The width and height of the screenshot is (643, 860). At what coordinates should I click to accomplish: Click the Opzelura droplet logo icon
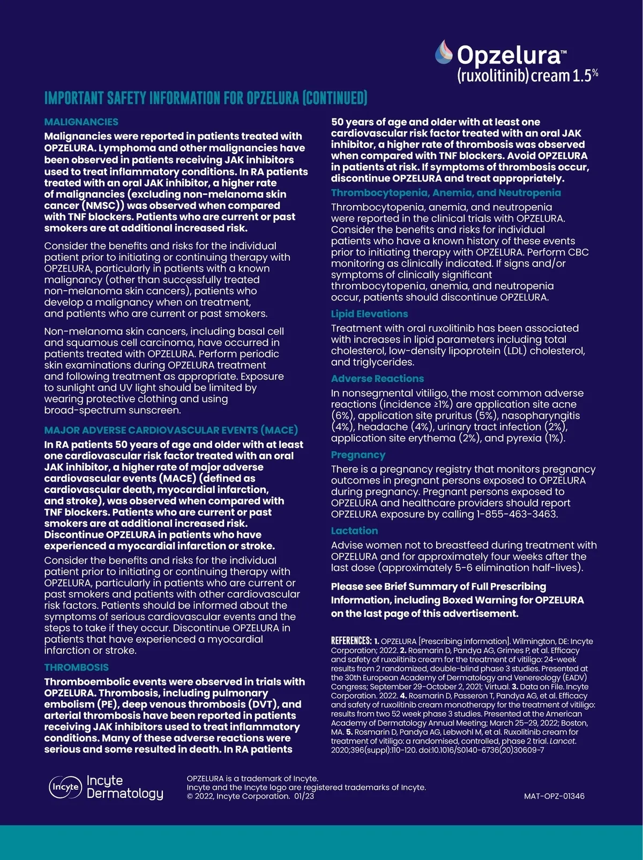[x=443, y=52]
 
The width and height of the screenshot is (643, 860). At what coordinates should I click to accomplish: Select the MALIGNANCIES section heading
[x=81, y=122]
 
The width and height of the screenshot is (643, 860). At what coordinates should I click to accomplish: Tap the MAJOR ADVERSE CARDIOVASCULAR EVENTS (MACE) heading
[x=171, y=430]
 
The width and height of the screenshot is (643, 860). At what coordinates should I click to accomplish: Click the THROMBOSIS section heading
[x=77, y=667]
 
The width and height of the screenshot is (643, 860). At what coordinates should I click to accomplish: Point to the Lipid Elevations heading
[x=369, y=314]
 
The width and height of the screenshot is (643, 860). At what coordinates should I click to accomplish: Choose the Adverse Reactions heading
[x=377, y=379]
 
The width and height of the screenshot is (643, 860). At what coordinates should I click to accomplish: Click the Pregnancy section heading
[x=358, y=455]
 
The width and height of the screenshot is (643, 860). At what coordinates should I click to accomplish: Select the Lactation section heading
[x=354, y=531]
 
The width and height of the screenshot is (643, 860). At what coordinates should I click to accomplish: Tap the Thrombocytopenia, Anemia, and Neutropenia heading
[x=446, y=193]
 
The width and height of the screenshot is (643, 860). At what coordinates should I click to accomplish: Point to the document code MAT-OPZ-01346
[x=554, y=796]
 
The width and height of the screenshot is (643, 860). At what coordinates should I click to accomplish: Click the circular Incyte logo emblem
[x=65, y=787]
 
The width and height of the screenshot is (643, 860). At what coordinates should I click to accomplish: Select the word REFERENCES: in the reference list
[x=351, y=641]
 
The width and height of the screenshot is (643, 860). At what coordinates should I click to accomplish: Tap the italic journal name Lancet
[x=563, y=741]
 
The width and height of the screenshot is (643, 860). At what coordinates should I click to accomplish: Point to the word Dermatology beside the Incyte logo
[x=125, y=793]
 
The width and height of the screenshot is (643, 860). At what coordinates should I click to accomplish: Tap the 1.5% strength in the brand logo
[x=585, y=75]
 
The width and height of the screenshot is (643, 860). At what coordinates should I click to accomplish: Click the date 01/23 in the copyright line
[x=304, y=796]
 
